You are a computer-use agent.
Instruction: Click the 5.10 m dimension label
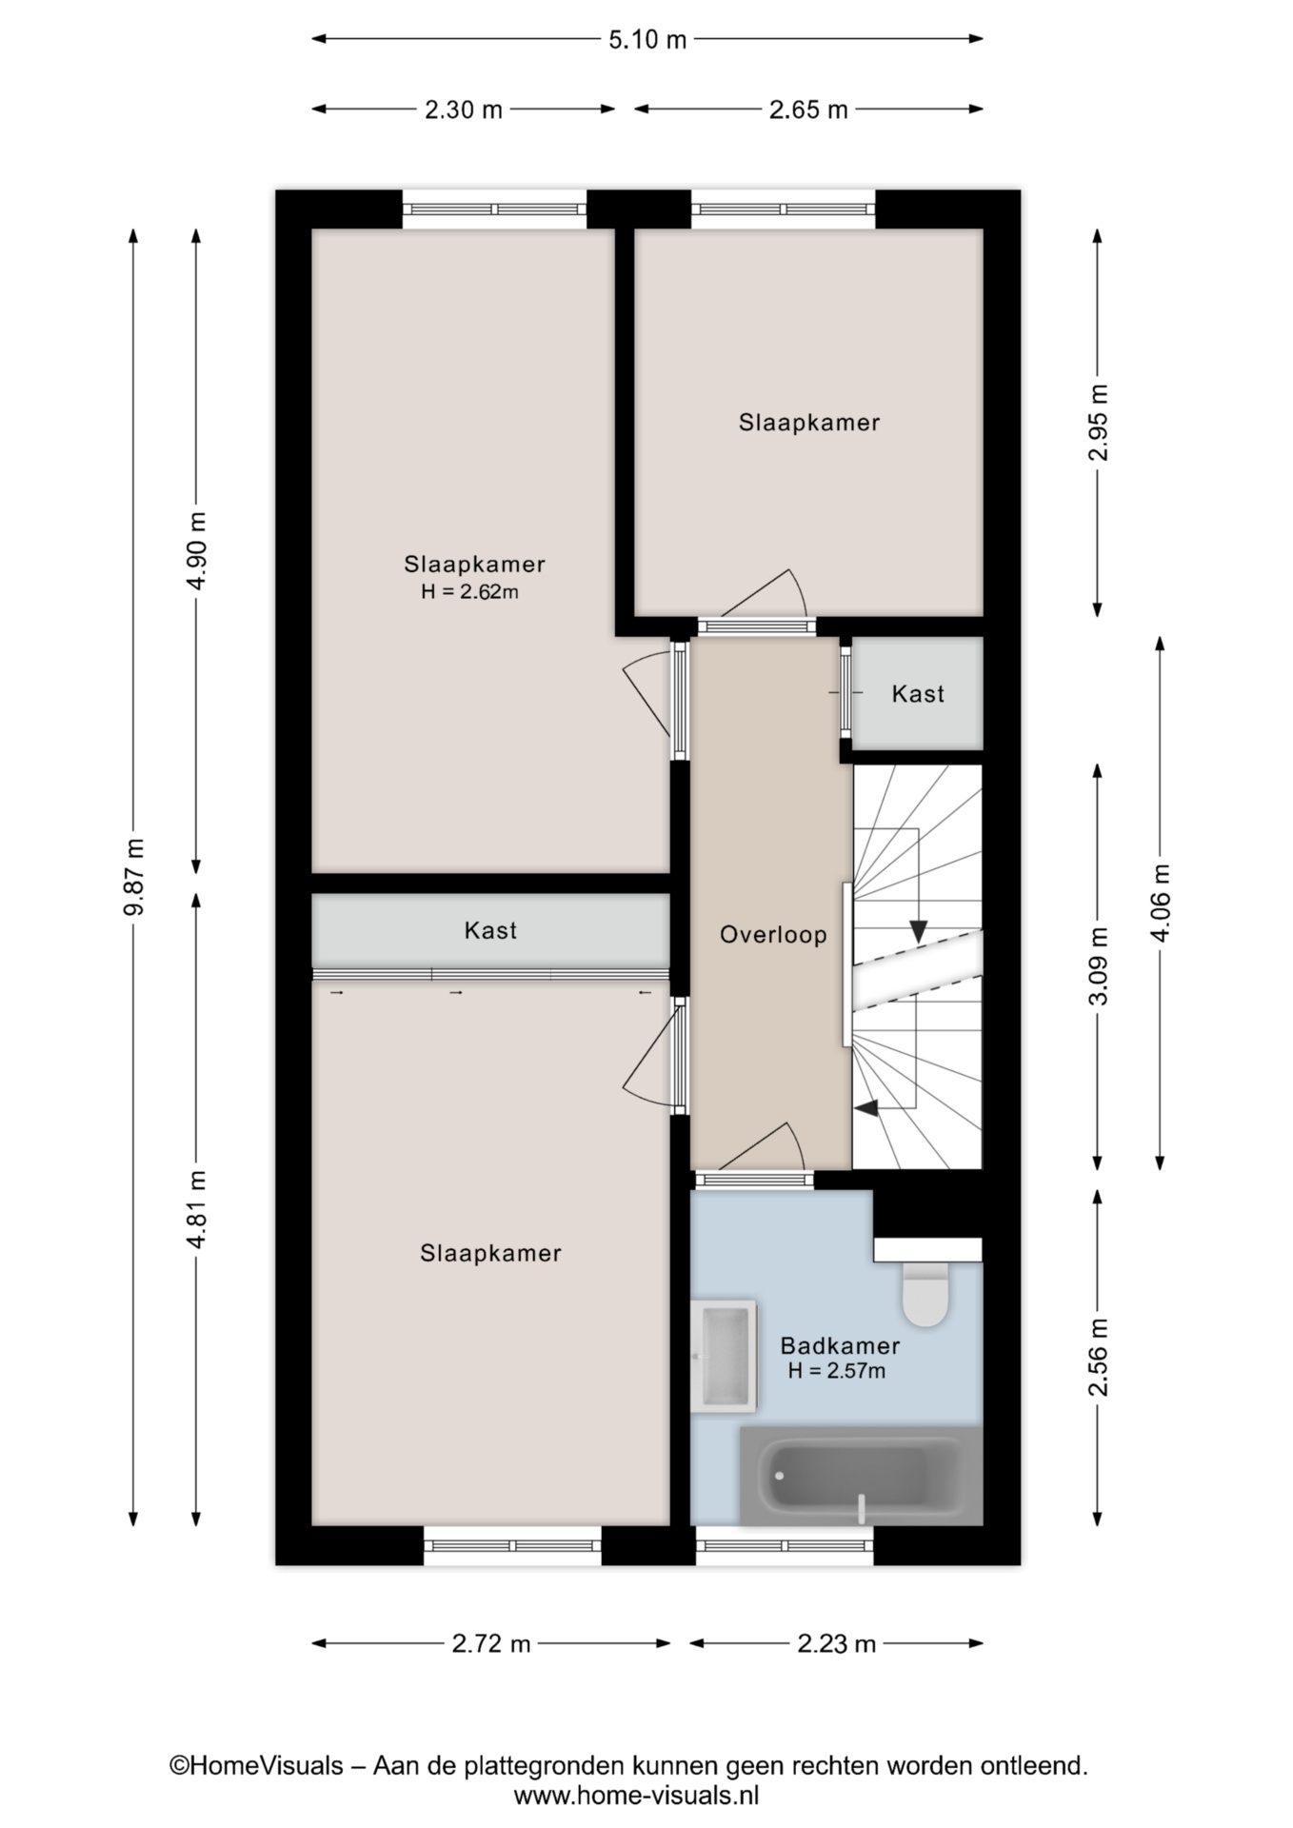click(647, 39)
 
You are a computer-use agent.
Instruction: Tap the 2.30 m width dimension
click(464, 109)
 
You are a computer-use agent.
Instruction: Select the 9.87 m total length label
click(134, 876)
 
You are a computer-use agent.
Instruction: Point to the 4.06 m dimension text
click(1161, 903)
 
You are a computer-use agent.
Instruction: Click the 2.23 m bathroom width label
click(837, 1643)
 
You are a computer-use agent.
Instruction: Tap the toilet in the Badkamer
click(925, 1294)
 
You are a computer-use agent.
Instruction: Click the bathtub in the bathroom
click(861, 1476)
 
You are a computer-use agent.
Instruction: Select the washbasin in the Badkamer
click(724, 1356)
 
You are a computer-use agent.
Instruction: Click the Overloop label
click(773, 935)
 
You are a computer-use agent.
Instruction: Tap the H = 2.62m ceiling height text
click(470, 591)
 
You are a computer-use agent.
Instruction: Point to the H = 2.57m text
click(837, 1371)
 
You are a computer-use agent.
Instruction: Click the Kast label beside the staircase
click(918, 694)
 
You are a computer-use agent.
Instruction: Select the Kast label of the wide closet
click(490, 930)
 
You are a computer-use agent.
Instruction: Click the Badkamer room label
click(840, 1345)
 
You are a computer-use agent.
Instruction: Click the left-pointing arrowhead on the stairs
click(866, 1107)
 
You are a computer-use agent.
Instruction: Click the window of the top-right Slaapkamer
click(783, 209)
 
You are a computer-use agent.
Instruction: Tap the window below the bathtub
click(784, 1545)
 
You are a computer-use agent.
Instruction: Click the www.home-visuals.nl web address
click(636, 1796)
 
